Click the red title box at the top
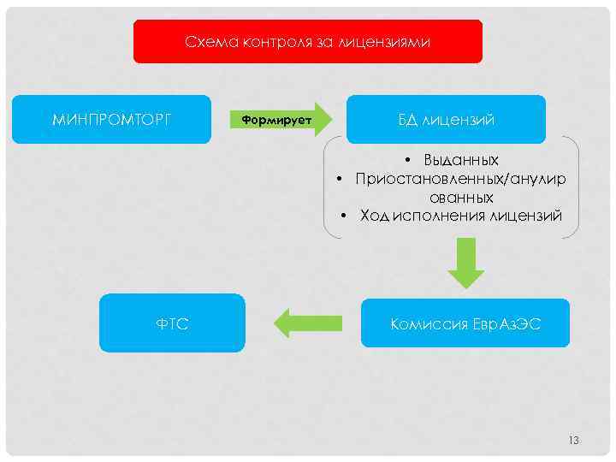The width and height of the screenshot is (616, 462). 308,41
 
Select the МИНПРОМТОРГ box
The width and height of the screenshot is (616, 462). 111,119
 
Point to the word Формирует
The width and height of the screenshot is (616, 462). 275,119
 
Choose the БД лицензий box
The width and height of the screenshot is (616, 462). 445,119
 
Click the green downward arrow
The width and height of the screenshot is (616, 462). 465,264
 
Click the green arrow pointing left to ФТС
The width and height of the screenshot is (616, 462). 308,323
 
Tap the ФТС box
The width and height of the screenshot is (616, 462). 172,323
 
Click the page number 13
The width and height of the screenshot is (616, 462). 573,440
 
